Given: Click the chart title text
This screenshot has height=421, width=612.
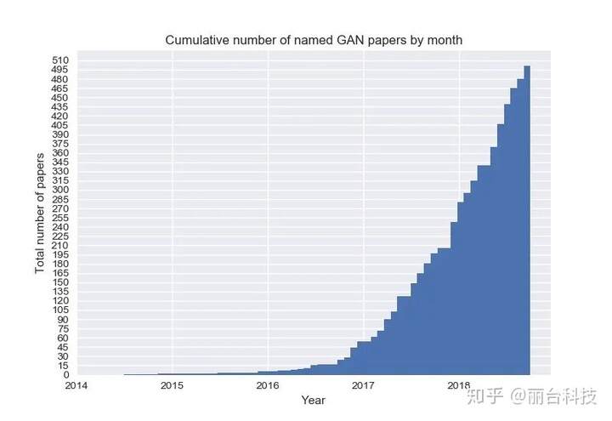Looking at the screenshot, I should pos(313,41).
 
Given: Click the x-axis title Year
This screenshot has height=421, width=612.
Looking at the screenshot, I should pos(313,400).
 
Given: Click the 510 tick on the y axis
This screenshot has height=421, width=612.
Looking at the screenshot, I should pos(60,60).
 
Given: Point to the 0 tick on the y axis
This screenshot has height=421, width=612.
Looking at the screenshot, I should pos(65,375).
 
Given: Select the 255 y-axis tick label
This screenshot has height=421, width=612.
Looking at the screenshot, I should pos(60,218).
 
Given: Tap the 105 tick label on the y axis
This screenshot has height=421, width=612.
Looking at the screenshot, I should pos(60,310).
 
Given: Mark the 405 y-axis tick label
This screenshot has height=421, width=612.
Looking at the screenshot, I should pos(60,125).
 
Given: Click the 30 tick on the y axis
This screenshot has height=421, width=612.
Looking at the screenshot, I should pos(63,356).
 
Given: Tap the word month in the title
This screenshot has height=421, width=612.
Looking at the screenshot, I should pos(444,41).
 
